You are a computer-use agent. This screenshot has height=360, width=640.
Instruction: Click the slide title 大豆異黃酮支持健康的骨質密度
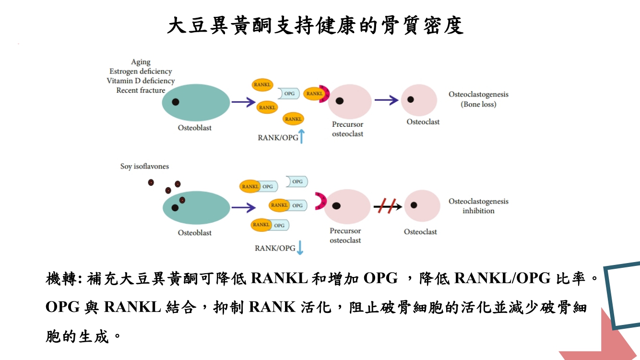click(315, 26)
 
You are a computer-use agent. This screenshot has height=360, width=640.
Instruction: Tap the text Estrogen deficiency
click(141, 72)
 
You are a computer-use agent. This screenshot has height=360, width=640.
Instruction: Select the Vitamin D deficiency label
click(141, 81)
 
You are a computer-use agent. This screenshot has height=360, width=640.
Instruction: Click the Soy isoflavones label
click(144, 167)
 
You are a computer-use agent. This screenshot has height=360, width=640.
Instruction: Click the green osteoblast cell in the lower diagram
click(197, 207)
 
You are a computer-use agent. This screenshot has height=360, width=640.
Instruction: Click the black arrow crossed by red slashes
click(388, 206)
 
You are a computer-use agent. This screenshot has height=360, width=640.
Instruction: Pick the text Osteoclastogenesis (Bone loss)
click(478, 99)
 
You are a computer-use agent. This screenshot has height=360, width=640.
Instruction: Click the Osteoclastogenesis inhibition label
click(478, 206)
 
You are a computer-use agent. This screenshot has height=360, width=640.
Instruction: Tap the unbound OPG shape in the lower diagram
click(296, 181)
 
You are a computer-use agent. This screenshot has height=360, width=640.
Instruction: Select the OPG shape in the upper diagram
click(288, 94)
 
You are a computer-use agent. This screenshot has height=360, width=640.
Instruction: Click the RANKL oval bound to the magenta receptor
click(314, 94)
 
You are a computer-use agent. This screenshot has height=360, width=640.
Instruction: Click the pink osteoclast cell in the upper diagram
click(419, 100)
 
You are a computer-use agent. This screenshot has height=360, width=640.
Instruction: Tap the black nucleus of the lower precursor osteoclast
click(336, 206)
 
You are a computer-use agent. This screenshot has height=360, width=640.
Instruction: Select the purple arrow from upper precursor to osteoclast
click(386, 100)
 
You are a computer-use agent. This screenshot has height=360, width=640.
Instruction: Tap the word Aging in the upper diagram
click(141, 62)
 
